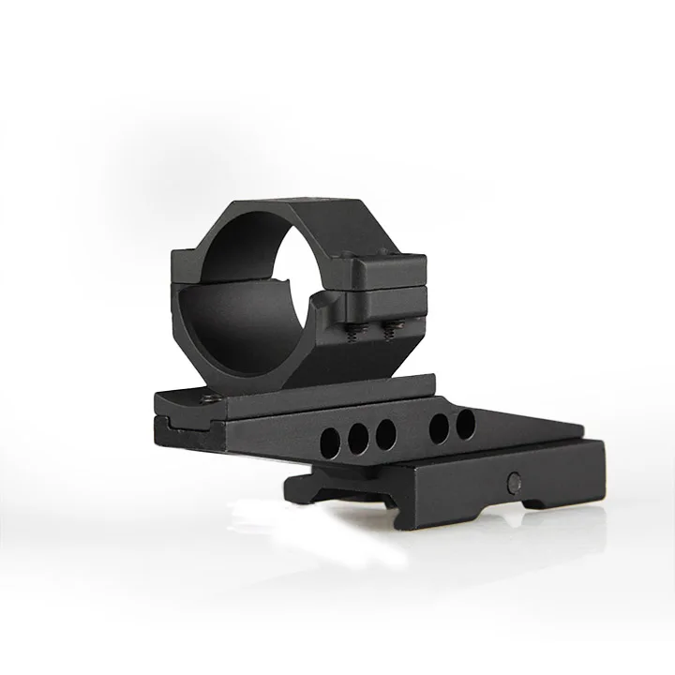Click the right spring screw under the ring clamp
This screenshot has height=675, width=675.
pos(391,328)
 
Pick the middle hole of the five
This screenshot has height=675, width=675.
pos(384,432)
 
